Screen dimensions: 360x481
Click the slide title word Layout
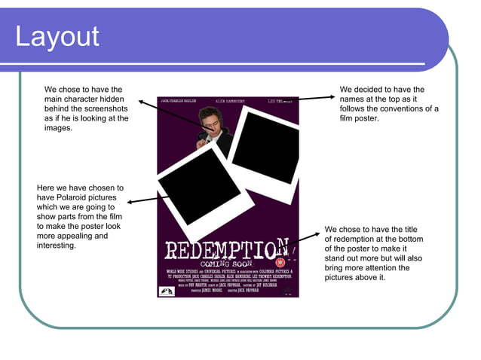pyautogui.click(x=57, y=37)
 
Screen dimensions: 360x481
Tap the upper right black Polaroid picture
pyautogui.click(x=264, y=147)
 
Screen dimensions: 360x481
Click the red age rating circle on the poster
pyautogui.click(x=280, y=262)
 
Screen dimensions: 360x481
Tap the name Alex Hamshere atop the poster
pyautogui.click(x=230, y=100)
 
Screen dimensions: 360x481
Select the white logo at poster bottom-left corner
pyautogui.click(x=165, y=291)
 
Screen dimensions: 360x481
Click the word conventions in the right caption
pyautogui.click(x=403, y=109)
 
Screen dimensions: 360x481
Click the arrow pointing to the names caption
pyautogui.click(x=317, y=98)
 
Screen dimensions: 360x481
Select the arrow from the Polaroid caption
pyautogui.click(x=148, y=199)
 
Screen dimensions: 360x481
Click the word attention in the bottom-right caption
pyautogui.click(x=398, y=267)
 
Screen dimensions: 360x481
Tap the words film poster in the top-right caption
pyautogui.click(x=360, y=119)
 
